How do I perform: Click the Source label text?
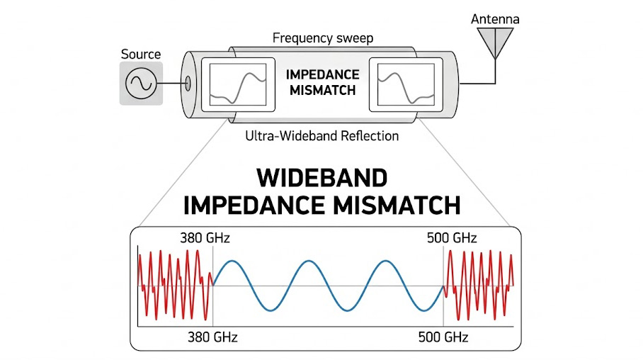pyautogui.click(x=141, y=55)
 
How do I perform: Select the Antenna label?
pyautogui.click(x=495, y=19)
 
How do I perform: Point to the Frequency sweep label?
pyautogui.click(x=322, y=38)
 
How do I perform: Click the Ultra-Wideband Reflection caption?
pyautogui.click(x=322, y=135)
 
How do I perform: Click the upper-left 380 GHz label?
pyautogui.click(x=205, y=237)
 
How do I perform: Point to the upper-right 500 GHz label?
pyautogui.click(x=451, y=237)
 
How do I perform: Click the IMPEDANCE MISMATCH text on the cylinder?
pyautogui.click(x=322, y=82)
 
